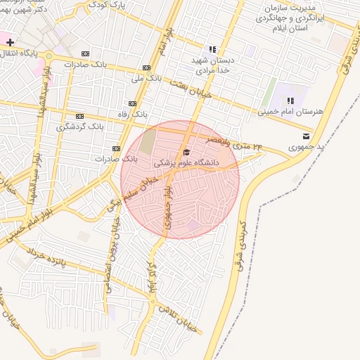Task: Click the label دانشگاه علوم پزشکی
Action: (186, 162)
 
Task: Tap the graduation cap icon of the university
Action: (186, 152)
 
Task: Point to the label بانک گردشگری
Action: (80, 127)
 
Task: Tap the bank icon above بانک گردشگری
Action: (80, 117)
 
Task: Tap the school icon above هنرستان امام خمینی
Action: (290, 101)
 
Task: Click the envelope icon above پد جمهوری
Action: (305, 136)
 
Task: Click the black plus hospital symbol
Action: (10, 42)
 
